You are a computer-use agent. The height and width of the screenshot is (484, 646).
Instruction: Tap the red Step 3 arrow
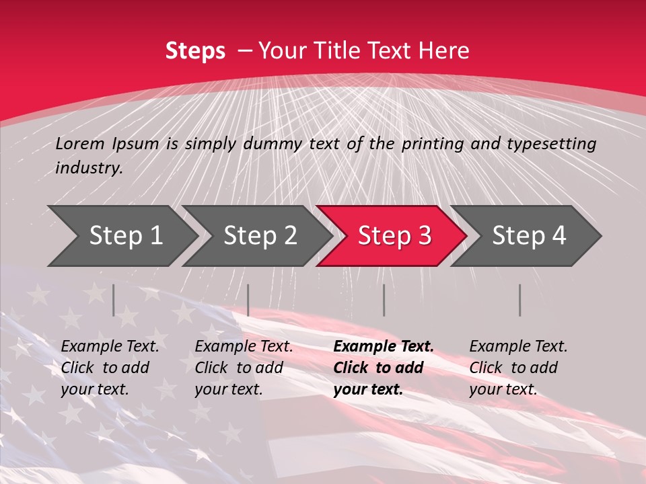(x=394, y=236)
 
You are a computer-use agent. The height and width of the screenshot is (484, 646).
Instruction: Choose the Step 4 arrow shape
(x=528, y=236)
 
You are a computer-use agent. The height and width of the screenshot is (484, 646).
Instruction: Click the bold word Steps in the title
(x=195, y=51)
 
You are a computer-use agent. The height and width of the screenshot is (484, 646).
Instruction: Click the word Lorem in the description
(x=80, y=144)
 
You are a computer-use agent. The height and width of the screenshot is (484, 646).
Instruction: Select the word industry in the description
(x=88, y=168)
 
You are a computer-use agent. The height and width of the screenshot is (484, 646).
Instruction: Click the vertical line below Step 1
(x=114, y=300)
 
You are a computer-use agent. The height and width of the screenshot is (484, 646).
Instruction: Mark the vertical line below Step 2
(x=248, y=300)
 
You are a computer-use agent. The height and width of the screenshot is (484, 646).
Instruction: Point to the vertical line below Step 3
(x=384, y=300)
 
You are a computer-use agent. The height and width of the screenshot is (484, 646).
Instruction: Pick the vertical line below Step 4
(x=519, y=300)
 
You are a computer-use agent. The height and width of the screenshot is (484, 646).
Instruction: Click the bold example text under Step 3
(x=382, y=368)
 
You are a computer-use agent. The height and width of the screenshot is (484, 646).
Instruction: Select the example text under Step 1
(x=109, y=368)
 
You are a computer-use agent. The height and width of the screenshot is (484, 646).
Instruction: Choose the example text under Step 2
(x=243, y=368)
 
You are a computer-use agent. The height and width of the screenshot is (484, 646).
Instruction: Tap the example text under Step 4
(x=517, y=368)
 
